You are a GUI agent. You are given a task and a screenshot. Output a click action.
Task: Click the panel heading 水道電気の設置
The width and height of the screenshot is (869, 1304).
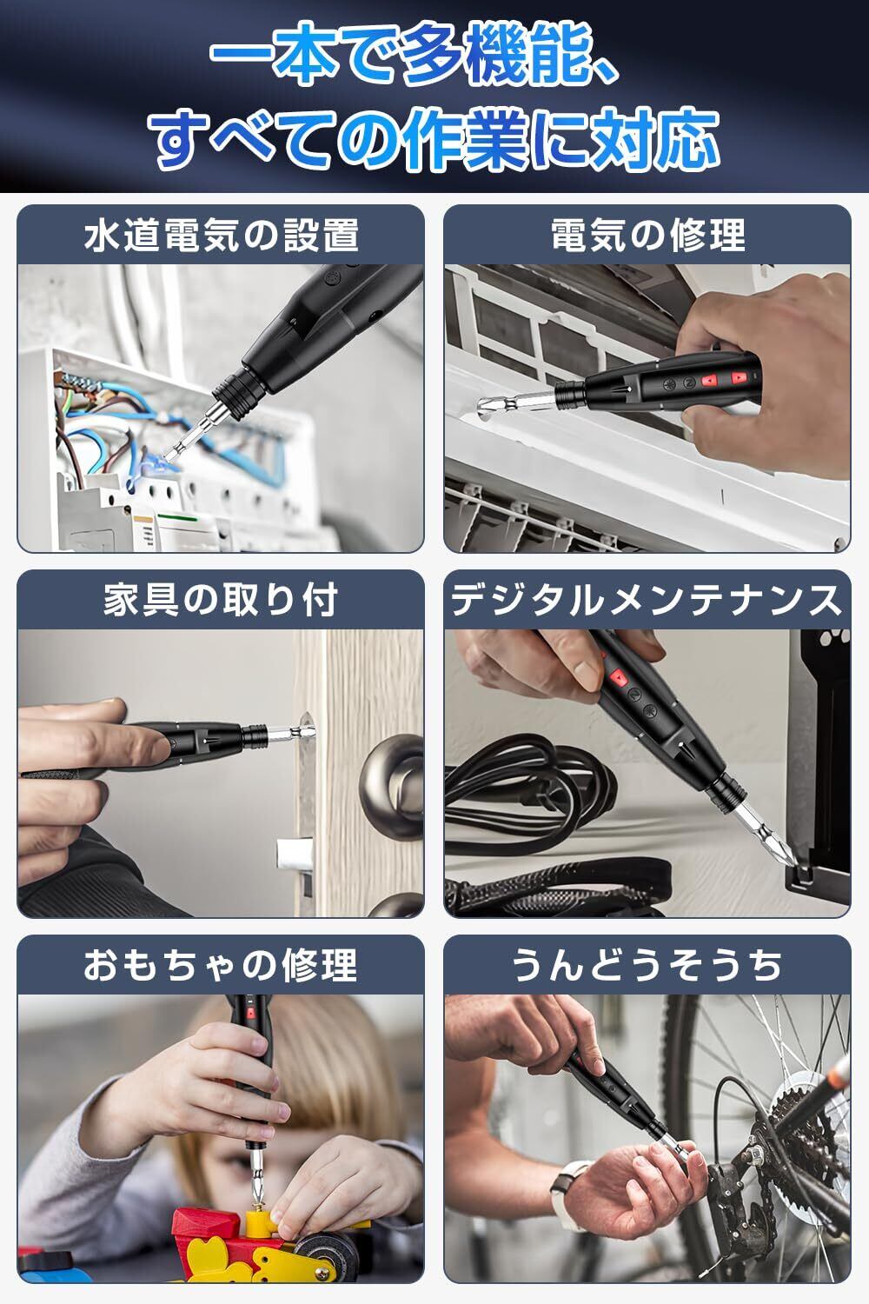click(222, 236)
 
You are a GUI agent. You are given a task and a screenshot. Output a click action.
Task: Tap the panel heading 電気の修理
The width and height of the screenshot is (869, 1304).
click(647, 236)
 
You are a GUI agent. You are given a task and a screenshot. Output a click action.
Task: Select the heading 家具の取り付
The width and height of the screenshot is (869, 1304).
click(222, 600)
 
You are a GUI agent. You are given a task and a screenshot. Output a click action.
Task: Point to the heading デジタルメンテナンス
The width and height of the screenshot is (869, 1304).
click(647, 600)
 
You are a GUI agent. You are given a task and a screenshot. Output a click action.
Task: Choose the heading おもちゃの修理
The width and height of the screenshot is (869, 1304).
click(222, 965)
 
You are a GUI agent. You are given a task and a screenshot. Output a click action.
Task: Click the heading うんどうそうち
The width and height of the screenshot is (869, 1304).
click(647, 965)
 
